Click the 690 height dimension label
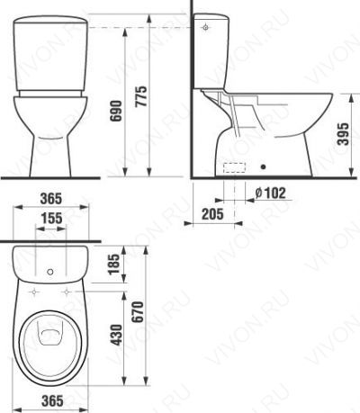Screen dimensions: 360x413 [116, 111]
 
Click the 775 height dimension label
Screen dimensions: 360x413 [140, 96]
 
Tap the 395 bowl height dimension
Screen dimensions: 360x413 [343, 134]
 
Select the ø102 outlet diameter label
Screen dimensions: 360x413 [270, 193]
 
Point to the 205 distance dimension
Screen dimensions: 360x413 [212, 214]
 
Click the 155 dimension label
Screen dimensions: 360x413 [51, 219]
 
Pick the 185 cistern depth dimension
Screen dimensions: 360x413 [114, 265]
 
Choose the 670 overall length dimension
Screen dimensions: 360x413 [139, 312]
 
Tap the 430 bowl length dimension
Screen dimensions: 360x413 [116, 335]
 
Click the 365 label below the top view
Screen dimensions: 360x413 [52, 400]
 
